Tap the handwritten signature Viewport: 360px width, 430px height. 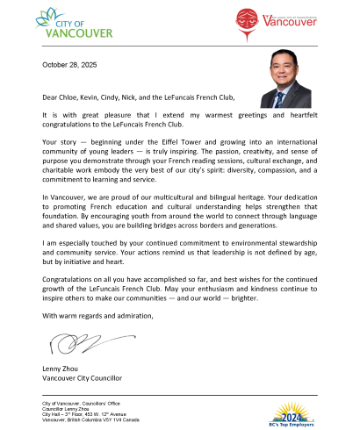(x=67, y=337)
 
